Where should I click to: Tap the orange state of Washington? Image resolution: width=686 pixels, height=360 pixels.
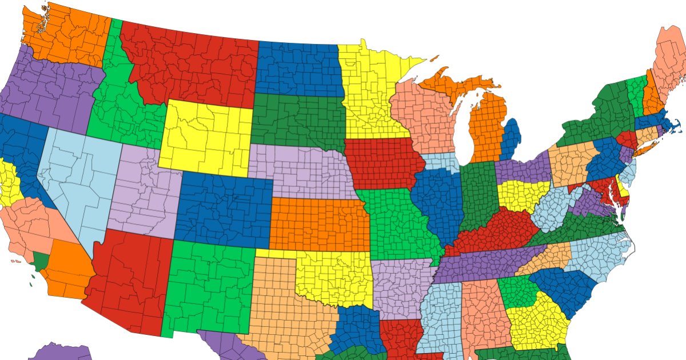[66, 34]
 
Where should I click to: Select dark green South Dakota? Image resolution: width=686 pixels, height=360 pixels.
[297, 120]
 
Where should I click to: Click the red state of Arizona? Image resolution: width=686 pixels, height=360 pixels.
[129, 280]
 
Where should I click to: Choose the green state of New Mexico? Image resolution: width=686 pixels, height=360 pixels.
[209, 286]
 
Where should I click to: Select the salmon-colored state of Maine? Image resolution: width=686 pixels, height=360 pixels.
[669, 63]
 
